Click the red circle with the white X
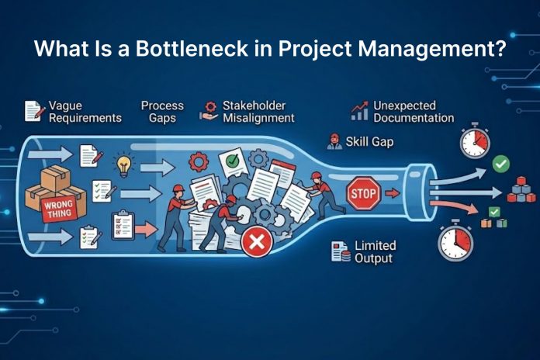254,244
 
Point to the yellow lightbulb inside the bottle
123,164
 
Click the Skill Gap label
370,141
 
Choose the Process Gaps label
162,112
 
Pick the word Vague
65,106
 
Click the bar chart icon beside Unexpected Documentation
359,111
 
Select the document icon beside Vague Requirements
33,111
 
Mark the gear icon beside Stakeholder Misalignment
207,112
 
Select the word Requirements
85,118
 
